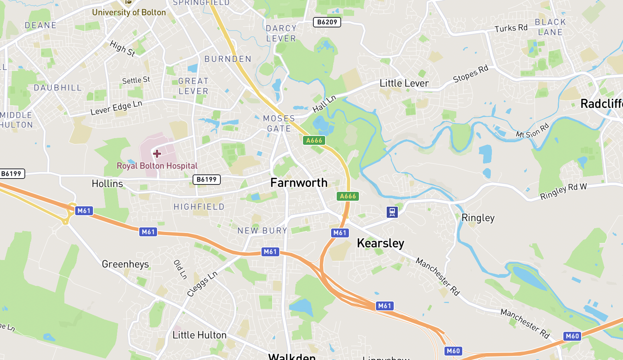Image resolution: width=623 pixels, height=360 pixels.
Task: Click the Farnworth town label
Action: [x=299, y=183]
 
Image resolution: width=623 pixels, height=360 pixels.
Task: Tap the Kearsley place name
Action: [x=380, y=243]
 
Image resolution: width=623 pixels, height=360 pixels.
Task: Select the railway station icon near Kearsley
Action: [x=392, y=212]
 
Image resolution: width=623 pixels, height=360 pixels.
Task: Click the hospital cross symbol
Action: [x=157, y=153]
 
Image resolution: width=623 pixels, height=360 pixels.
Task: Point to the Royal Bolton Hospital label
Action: [x=157, y=166]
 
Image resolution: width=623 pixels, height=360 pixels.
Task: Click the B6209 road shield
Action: [x=327, y=22]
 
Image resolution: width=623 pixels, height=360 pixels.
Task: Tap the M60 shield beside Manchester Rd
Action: [x=572, y=336]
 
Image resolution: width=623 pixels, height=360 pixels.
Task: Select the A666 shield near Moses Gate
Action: [x=314, y=140]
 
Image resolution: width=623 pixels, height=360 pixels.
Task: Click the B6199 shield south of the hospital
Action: [x=206, y=180]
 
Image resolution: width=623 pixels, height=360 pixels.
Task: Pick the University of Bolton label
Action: [x=129, y=12]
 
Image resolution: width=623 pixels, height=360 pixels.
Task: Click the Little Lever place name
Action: [x=404, y=83]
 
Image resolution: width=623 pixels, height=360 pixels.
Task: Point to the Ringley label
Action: [x=478, y=218]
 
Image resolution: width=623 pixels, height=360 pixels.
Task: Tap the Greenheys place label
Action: [x=125, y=264]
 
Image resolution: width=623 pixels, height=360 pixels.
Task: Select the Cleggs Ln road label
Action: [x=202, y=284]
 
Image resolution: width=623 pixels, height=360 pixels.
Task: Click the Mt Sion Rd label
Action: [x=532, y=131]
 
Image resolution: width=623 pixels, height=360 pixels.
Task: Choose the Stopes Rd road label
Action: [x=471, y=74]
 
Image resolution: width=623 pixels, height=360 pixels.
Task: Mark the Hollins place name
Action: [x=107, y=184]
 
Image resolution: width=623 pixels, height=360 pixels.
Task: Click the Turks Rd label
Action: [x=511, y=28]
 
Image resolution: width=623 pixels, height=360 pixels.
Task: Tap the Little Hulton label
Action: [x=199, y=335]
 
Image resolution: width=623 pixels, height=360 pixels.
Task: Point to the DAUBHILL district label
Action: [x=58, y=88]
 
